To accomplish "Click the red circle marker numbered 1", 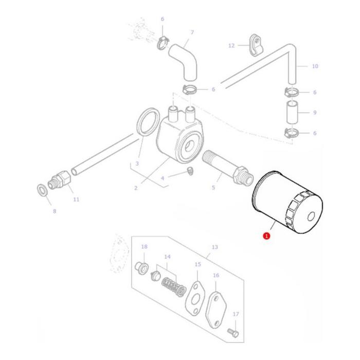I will click(x=266, y=236).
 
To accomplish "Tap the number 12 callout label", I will click(x=231, y=46).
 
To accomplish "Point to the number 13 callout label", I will click(x=214, y=247).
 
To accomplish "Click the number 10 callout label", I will click(x=315, y=66).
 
